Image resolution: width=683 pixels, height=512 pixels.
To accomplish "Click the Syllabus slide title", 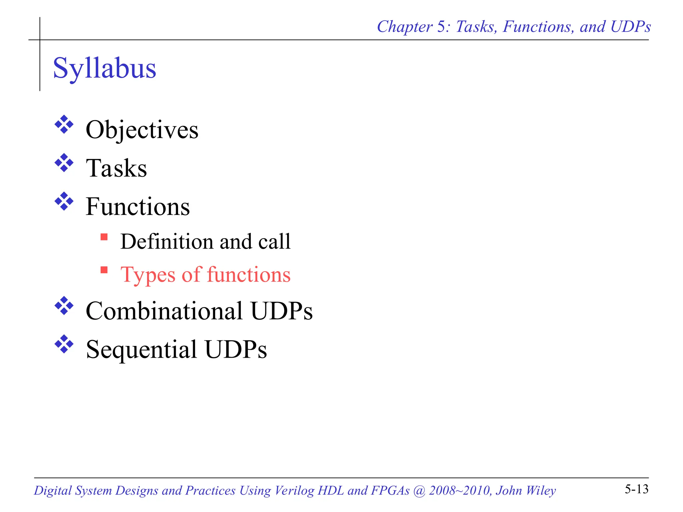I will (104, 68).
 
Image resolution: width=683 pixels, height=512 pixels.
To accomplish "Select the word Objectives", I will (142, 130).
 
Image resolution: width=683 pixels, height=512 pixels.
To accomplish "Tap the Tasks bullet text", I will (116, 168).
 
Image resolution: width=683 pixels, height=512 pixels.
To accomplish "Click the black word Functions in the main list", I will (138, 207).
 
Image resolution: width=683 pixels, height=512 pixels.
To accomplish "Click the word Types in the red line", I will (148, 275).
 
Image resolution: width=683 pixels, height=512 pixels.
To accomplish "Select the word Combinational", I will (164, 311).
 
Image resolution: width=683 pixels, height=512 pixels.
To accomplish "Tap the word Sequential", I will (141, 349).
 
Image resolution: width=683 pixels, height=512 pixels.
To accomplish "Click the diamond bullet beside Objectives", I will (64, 125).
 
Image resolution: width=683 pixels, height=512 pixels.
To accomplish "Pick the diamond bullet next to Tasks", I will (64, 163).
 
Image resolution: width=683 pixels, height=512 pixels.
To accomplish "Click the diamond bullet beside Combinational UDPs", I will (64, 306).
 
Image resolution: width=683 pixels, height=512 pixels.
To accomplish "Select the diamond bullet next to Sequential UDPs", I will (64, 344).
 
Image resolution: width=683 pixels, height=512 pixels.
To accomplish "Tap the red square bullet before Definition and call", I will (104, 237).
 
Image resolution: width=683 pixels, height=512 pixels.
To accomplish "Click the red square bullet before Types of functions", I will (104, 270).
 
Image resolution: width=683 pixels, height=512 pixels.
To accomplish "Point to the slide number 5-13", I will (636, 489).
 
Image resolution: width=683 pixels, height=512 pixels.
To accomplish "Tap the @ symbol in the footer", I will (419, 491).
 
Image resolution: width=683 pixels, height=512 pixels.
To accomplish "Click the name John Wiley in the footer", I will (526, 491).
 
